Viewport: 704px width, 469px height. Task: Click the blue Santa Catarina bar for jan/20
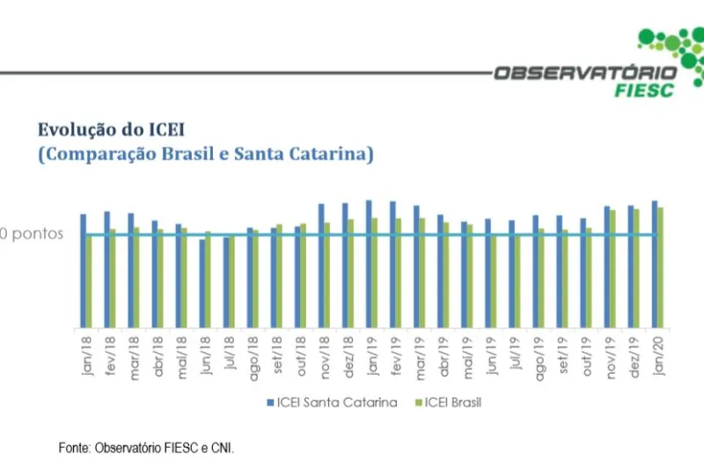(x=654, y=264)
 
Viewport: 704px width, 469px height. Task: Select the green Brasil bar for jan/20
(x=660, y=267)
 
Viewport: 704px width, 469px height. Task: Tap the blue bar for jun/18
(x=202, y=283)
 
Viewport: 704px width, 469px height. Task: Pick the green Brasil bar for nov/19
(x=612, y=268)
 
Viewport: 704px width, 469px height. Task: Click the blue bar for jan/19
(x=368, y=264)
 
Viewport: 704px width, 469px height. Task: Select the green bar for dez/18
(x=350, y=273)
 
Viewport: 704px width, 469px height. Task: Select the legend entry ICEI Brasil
(x=452, y=402)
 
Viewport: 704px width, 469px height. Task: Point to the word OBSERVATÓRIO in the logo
(x=585, y=73)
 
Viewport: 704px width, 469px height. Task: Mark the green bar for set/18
(x=279, y=275)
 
